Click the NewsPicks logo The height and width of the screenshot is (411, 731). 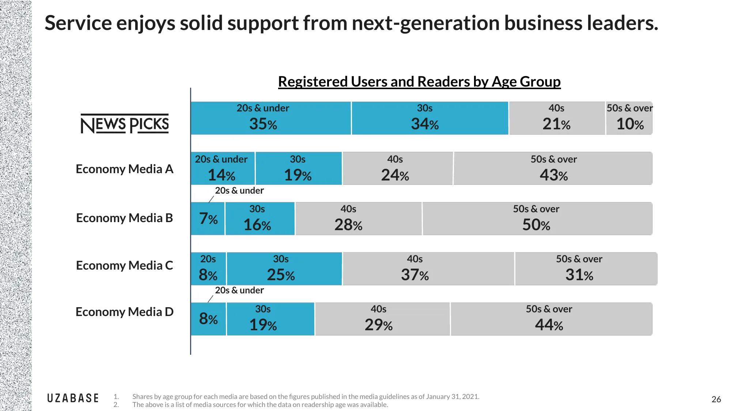pos(125,124)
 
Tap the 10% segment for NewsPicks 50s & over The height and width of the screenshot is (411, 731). pos(629,118)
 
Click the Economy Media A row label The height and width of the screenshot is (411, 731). pos(124,169)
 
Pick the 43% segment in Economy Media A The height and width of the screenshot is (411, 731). pos(553,168)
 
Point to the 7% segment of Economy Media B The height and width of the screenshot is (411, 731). pos(208,218)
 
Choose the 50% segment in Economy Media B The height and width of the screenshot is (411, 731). pos(537,218)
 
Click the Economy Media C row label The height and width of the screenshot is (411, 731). pos(124,266)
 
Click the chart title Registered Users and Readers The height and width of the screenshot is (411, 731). pos(419,81)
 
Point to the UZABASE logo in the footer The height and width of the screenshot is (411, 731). pos(73,398)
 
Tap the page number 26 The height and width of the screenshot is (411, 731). pos(716,399)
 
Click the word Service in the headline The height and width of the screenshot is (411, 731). pos(78,23)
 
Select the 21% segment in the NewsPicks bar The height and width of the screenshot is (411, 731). pos(557,118)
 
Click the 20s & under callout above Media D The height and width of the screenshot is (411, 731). pos(239,290)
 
